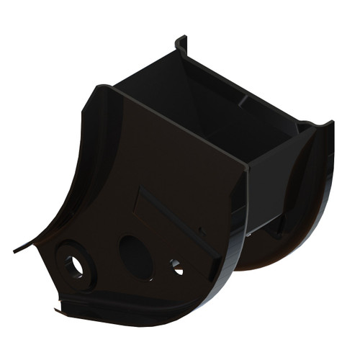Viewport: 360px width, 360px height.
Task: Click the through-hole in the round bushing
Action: pos(75,265)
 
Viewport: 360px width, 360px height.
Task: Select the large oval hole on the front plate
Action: pos(135,257)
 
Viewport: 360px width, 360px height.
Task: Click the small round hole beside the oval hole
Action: pos(176,266)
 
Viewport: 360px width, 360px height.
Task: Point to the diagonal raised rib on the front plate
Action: pos(176,220)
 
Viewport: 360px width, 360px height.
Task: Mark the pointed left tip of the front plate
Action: pos(16,251)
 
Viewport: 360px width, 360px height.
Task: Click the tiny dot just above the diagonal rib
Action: pos(202,232)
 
